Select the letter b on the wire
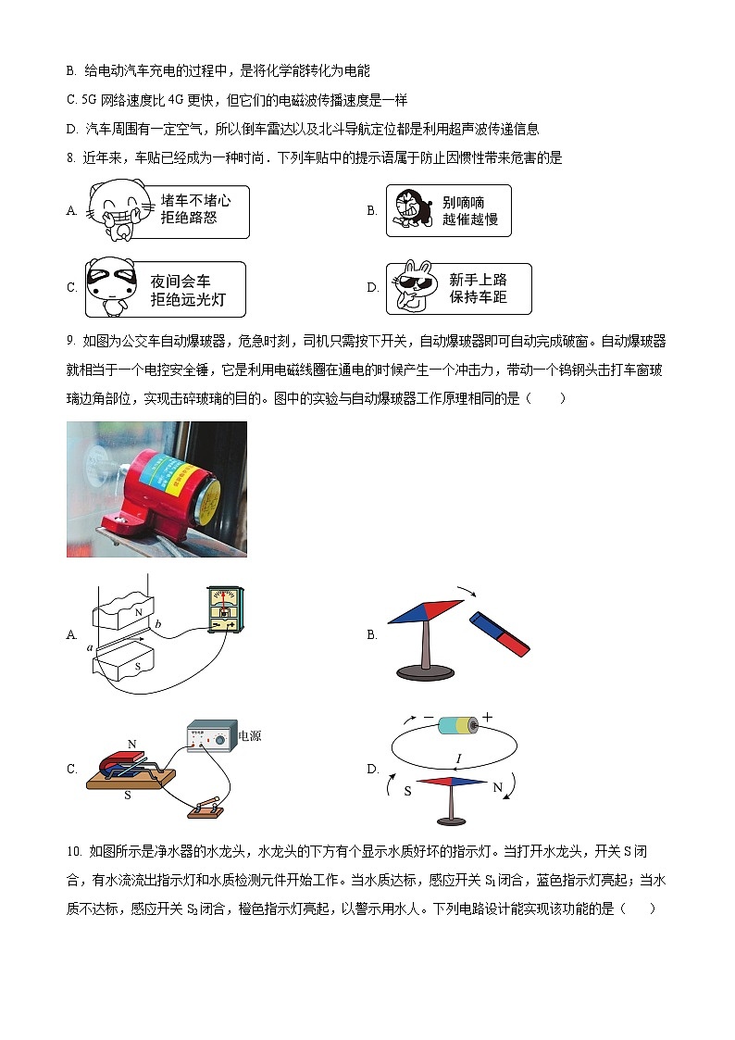158,624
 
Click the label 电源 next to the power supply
250,736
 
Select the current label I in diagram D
457,758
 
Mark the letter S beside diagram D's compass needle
407,792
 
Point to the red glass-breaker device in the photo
163,485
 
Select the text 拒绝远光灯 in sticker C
187,299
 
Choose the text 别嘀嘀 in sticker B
463,202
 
